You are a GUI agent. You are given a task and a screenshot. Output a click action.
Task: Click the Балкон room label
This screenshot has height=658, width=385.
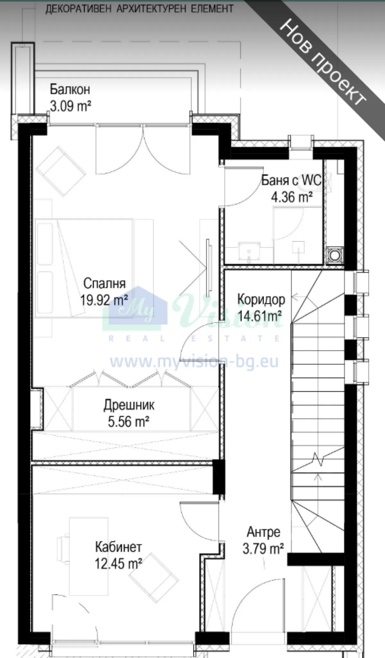70,90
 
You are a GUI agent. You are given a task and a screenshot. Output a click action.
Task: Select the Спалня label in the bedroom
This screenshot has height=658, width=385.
104,283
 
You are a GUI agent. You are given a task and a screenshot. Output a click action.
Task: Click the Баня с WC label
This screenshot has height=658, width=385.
291,180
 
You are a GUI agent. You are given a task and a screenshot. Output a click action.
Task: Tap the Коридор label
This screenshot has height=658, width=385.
261,299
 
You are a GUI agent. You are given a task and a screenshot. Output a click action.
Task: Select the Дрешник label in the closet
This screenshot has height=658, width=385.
129,405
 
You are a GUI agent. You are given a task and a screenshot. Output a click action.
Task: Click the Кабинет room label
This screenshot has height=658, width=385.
118,547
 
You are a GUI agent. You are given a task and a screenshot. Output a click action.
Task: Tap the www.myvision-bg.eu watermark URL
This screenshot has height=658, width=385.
194,362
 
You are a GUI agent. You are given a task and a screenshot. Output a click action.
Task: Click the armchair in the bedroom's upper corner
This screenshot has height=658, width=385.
61,171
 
